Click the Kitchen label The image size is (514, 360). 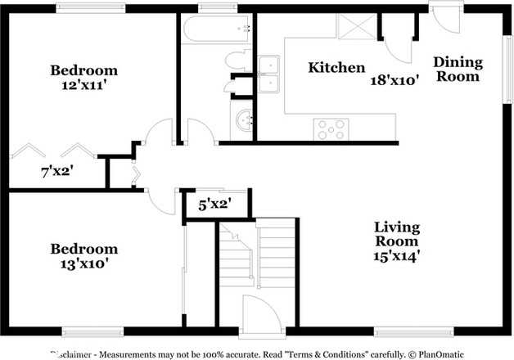click(x=336, y=68)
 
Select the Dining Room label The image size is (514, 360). click(x=457, y=69)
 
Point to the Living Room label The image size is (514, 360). click(x=397, y=234)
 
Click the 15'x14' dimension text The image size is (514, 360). click(x=397, y=255)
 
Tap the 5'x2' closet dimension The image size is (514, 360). click(x=214, y=205)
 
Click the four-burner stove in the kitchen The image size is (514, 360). click(x=331, y=128)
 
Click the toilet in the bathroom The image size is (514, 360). click(x=238, y=60)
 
